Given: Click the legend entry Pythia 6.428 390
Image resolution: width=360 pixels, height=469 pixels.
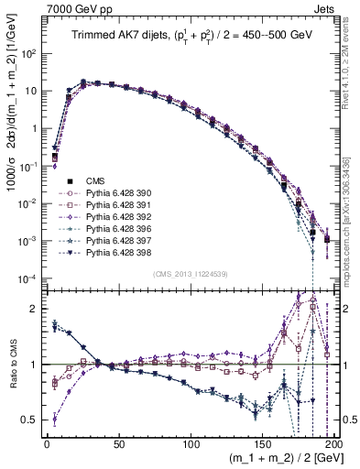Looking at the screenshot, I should click(102, 193).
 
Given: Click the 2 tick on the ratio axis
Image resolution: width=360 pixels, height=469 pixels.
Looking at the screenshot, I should click(32, 309).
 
